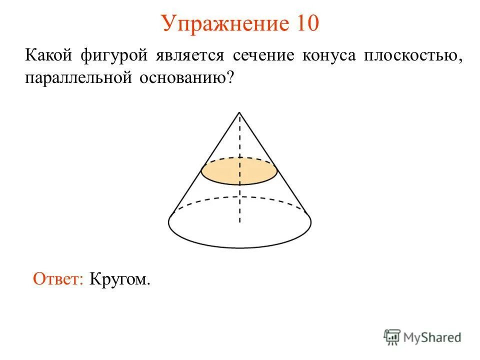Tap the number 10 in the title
click(x=303, y=23)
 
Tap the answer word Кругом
click(x=120, y=278)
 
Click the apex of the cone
click(x=239, y=112)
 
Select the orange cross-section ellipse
click(x=239, y=171)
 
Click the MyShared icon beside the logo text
click(x=391, y=337)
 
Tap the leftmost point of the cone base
click(x=168, y=222)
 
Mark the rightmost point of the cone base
click(x=311, y=222)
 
